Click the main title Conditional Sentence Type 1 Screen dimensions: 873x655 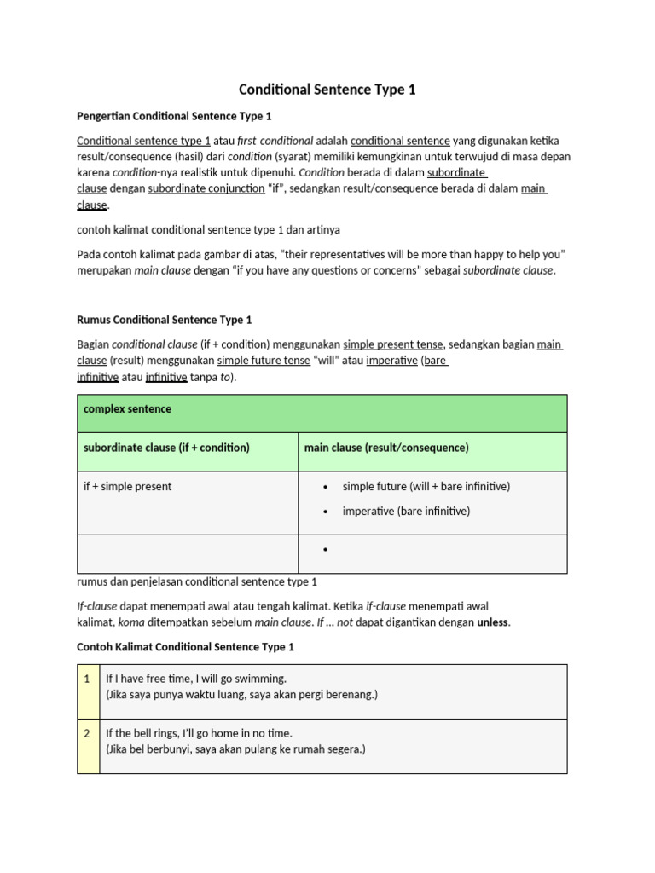[327, 90]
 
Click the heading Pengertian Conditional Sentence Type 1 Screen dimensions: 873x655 [174, 115]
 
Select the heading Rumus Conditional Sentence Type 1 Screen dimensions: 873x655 [165, 320]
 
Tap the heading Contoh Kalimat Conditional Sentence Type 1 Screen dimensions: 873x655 [185, 647]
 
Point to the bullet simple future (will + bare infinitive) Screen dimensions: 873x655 [426, 486]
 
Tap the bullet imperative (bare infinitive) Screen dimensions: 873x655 [406, 511]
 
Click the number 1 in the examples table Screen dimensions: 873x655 [87, 679]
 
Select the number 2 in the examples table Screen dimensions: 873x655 [87, 733]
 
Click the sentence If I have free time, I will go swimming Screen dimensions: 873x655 [196, 679]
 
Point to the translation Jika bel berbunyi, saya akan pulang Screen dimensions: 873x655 [235, 749]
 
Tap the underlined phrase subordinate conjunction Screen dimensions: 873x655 [206, 189]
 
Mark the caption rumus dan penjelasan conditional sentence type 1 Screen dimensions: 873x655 [197, 582]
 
